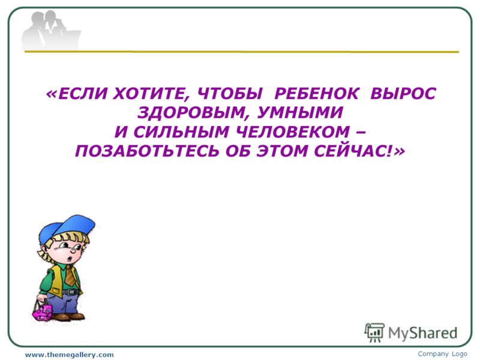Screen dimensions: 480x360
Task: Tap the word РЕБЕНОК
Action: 316,94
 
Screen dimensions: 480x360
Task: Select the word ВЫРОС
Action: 403,94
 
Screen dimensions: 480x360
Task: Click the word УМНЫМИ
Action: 300,112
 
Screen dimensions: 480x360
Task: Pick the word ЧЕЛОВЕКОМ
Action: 293,132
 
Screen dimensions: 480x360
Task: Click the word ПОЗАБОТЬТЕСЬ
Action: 147,151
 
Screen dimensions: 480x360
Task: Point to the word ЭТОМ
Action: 282,151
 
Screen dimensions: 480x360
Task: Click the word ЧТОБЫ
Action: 230,94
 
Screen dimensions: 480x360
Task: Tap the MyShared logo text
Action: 422,333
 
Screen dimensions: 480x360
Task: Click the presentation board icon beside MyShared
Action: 374,333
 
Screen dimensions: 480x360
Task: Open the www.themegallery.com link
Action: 69,355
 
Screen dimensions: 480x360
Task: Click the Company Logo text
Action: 442,354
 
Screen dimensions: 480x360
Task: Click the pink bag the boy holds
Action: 43,311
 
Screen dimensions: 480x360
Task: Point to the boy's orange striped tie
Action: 70,275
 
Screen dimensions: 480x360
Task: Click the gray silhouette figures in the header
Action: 49,31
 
